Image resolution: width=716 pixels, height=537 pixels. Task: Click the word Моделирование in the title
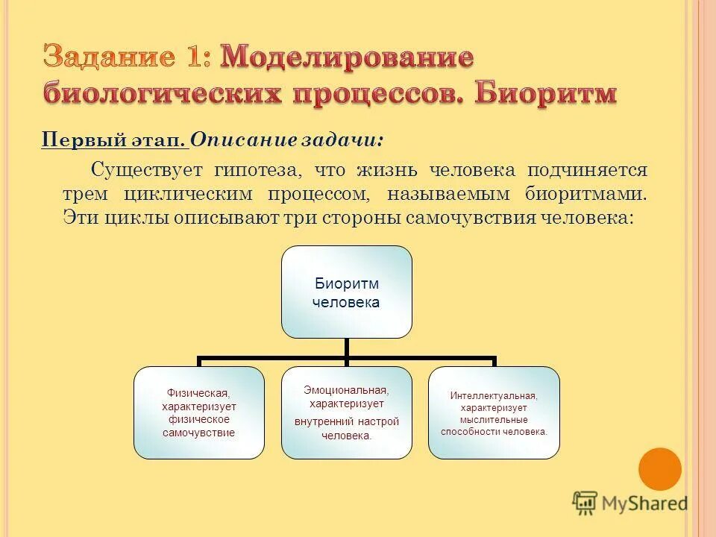coord(348,58)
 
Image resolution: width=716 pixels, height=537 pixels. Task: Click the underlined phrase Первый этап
coord(113,139)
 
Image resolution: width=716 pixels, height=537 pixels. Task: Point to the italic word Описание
coord(236,139)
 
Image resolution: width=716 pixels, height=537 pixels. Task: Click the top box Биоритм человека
coord(347,292)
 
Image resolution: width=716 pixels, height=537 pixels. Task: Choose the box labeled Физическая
coord(199,412)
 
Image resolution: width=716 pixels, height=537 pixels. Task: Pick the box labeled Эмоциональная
coord(347,412)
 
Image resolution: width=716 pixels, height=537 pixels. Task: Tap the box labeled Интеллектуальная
coord(494,412)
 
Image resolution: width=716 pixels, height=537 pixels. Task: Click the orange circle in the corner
coord(660,468)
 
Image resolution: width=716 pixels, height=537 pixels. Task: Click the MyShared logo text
coord(646,503)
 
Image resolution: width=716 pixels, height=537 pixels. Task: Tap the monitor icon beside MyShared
coord(585,503)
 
